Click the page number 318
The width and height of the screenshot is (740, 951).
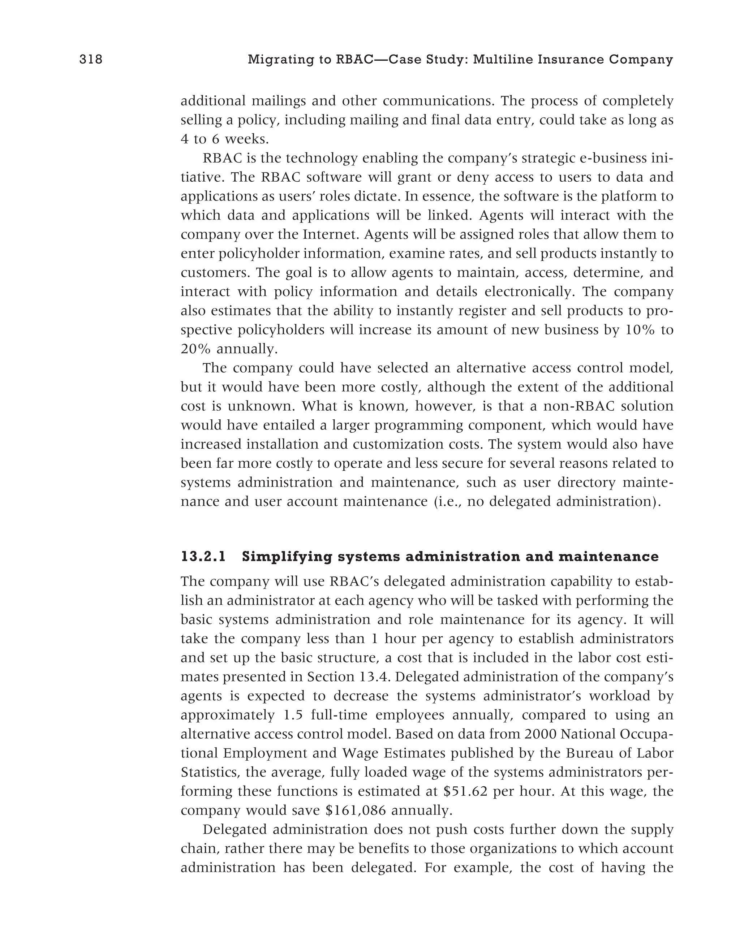[x=91, y=59]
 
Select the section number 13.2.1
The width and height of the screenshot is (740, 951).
[x=203, y=557]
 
